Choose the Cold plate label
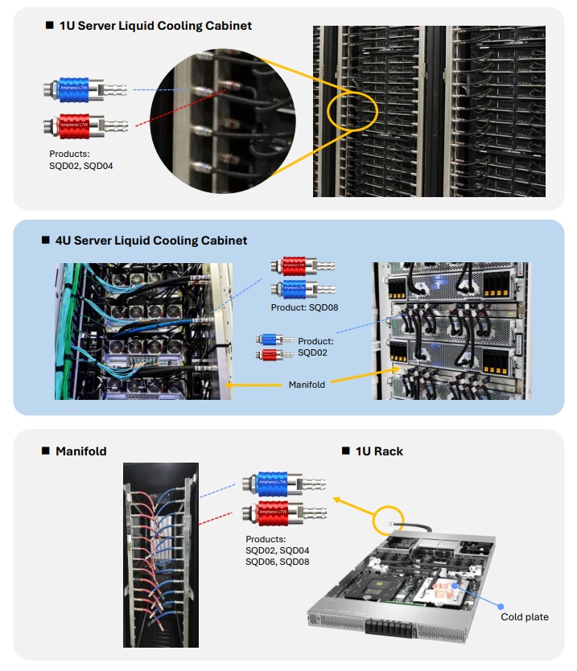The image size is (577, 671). click(x=525, y=617)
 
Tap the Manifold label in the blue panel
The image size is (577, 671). click(x=307, y=385)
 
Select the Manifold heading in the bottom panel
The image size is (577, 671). click(x=80, y=451)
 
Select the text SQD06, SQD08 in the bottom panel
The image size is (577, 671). click(x=278, y=562)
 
